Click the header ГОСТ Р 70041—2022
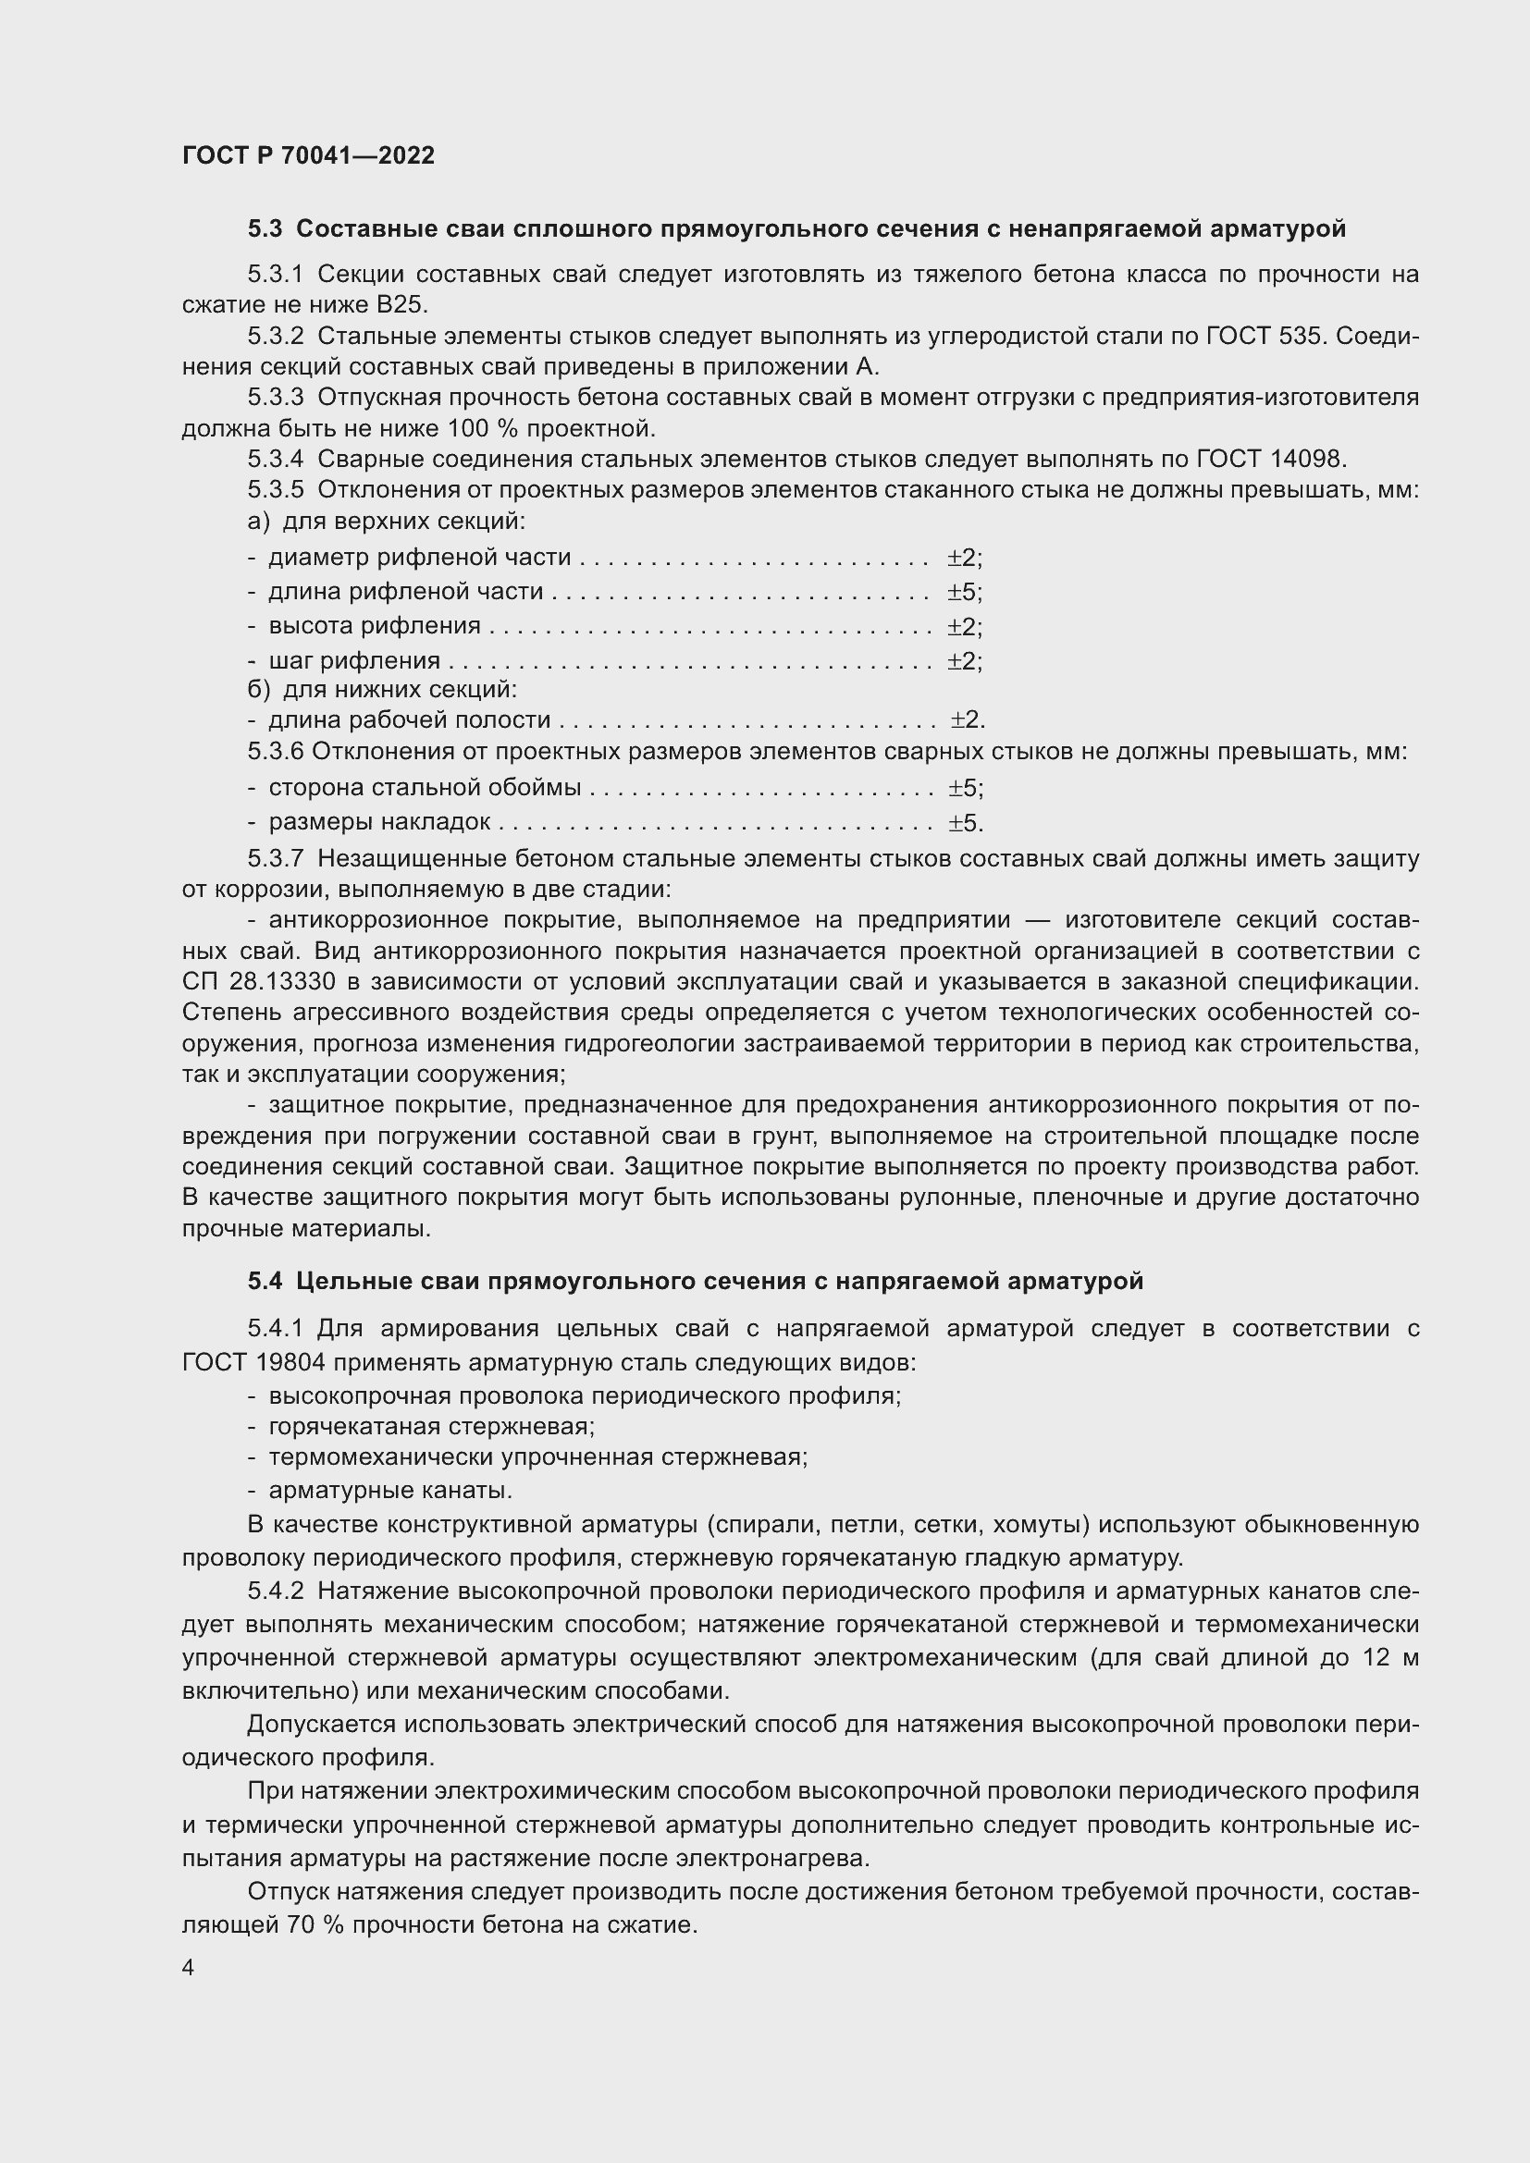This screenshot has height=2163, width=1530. pos(308,155)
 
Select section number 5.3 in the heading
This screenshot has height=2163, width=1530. pos(265,229)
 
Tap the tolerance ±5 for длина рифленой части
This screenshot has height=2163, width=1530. pos(964,593)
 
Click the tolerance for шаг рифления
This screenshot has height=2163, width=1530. pos(964,660)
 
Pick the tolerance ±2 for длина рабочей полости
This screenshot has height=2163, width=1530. pos(967,720)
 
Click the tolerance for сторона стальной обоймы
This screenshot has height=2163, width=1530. pos(965,788)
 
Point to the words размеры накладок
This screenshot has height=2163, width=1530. pos(378,821)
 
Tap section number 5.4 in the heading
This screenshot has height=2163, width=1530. pos(265,1281)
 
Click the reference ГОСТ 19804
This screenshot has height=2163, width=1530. pos(252,1362)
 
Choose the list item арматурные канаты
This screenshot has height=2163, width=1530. pos(390,1491)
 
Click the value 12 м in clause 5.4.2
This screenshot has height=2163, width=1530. pos(1389,1657)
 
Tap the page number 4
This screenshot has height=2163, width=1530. pos(189,1968)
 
